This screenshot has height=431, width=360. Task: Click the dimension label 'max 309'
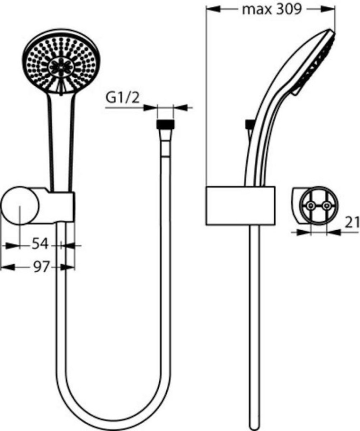(272, 9)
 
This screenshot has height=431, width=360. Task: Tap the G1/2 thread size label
(122, 98)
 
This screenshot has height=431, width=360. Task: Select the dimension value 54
(40, 244)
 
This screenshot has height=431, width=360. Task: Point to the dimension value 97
(41, 266)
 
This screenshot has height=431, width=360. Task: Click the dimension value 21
(352, 222)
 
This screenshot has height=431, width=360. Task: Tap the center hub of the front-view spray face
(61, 67)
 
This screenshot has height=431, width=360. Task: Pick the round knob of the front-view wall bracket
(20, 207)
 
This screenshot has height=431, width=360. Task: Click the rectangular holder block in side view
(240, 205)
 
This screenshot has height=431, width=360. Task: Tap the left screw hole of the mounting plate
(310, 206)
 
